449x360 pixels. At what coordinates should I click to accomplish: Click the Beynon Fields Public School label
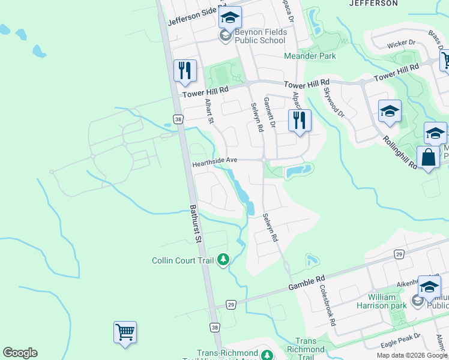[x=259, y=36]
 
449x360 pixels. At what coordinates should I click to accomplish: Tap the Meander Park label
[x=310, y=56]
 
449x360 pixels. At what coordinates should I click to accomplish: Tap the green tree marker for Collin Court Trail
[x=223, y=260]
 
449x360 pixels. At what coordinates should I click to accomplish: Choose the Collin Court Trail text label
[x=184, y=260]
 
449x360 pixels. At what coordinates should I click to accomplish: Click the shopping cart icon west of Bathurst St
[x=125, y=332]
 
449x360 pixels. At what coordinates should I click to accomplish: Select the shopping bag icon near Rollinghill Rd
[x=428, y=158]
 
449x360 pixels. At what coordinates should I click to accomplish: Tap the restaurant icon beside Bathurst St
[x=184, y=71]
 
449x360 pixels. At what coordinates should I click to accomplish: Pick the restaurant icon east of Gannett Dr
[x=299, y=120]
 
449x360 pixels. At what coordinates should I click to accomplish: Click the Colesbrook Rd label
[x=328, y=305]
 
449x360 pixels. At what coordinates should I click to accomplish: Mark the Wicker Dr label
[x=402, y=43]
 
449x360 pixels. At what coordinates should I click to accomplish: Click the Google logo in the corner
[x=20, y=353]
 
